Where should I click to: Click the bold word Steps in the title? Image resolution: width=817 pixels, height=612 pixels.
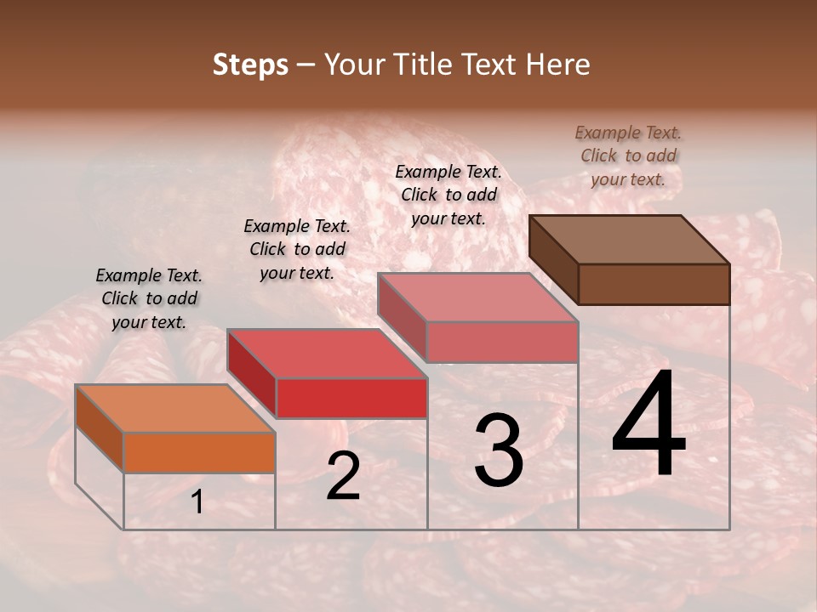pyautogui.click(x=250, y=65)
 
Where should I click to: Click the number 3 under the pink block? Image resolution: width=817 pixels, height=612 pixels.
pyautogui.click(x=499, y=450)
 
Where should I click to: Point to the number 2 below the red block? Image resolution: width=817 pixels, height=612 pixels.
pyautogui.click(x=343, y=476)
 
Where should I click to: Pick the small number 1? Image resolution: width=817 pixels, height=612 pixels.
pyautogui.click(x=197, y=502)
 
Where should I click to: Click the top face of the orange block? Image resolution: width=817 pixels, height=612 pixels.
pyautogui.click(x=175, y=409)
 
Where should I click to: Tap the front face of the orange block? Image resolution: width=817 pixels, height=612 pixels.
pyautogui.click(x=199, y=452)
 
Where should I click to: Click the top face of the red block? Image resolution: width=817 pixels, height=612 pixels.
pyautogui.click(x=327, y=354)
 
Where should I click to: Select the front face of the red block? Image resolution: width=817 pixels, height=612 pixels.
pyautogui.click(x=351, y=398)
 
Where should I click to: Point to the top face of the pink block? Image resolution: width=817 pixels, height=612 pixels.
pyautogui.click(x=477, y=297)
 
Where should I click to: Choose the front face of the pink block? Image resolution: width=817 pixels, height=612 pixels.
pyautogui.click(x=502, y=342)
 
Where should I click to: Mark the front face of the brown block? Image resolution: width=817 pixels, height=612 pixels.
pyautogui.click(x=654, y=284)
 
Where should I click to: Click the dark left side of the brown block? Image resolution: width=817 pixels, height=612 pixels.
pyautogui.click(x=553, y=258)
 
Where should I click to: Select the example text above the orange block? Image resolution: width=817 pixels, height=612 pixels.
pyautogui.click(x=149, y=298)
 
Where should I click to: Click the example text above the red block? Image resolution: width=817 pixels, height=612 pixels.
pyautogui.click(x=297, y=249)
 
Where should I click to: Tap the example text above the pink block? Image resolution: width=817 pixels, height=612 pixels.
pyautogui.click(x=448, y=195)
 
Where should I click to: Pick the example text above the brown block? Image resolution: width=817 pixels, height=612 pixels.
pyautogui.click(x=628, y=156)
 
